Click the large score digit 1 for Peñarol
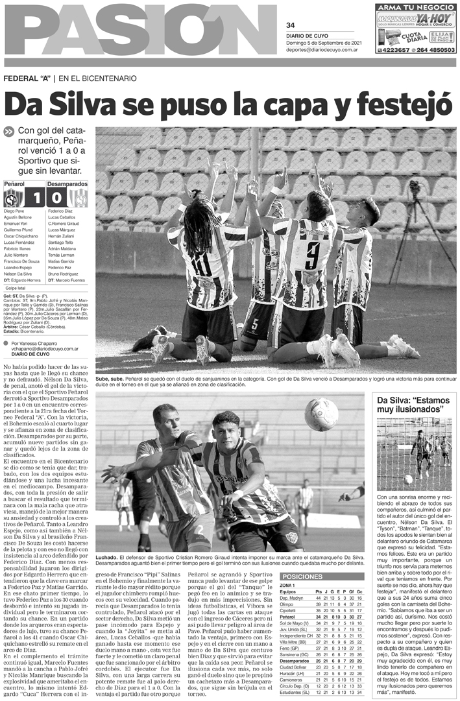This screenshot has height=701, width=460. pyautogui.click(x=36, y=196)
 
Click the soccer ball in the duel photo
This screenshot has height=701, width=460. pyautogui.click(x=322, y=414)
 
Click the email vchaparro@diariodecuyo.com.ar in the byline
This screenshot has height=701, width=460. pyautogui.click(x=45, y=348)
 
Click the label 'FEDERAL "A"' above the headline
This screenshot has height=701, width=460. pyautogui.click(x=29, y=78)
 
